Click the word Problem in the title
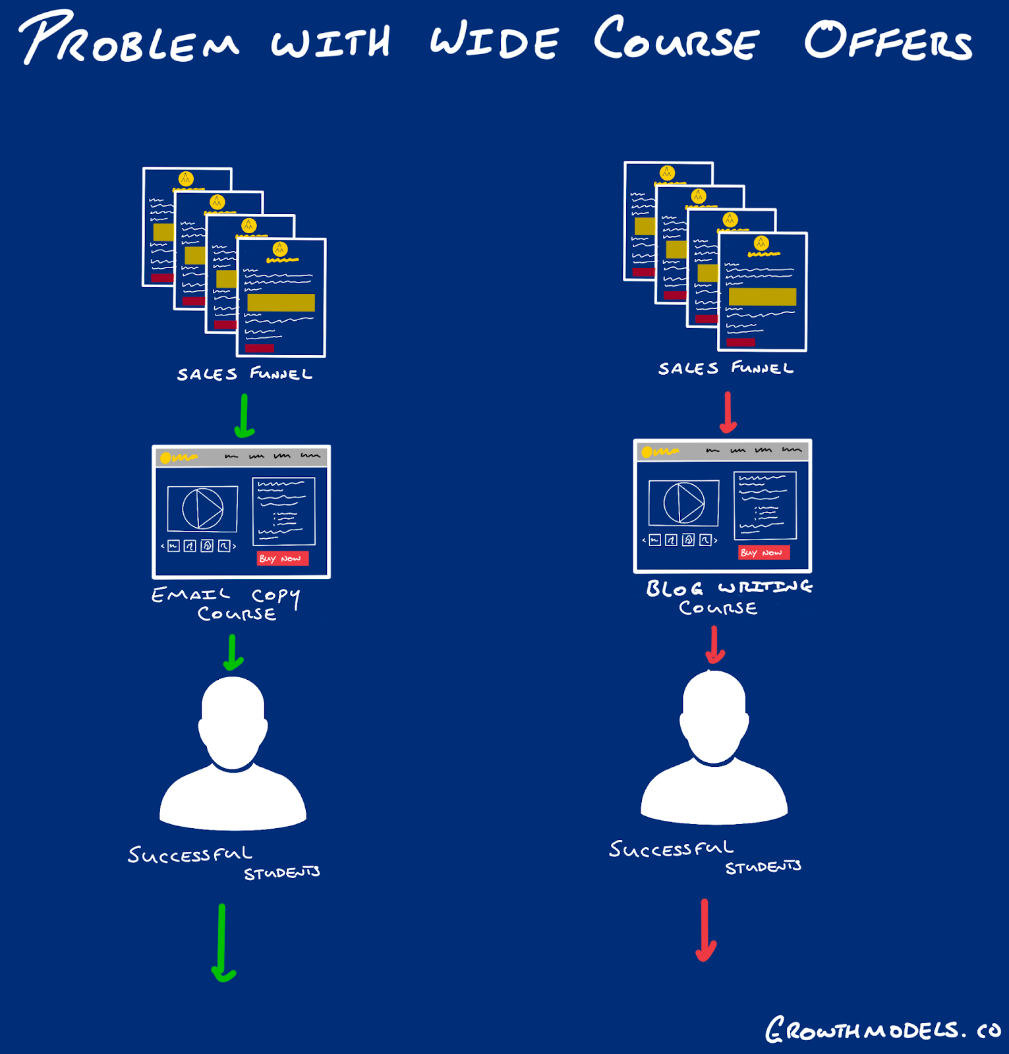pos(129,40)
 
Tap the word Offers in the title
pos(887,41)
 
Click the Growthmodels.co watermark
pos(882,1030)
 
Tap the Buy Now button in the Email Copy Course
pos(282,559)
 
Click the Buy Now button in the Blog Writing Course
pos(763,553)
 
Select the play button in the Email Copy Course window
pos(203,509)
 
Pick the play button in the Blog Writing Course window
pos(684,503)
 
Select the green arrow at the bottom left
pos(223,942)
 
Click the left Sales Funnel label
pos(245,374)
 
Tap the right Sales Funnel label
pos(726,368)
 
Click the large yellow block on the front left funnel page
pos(281,302)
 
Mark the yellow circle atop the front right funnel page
pos(761,243)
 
